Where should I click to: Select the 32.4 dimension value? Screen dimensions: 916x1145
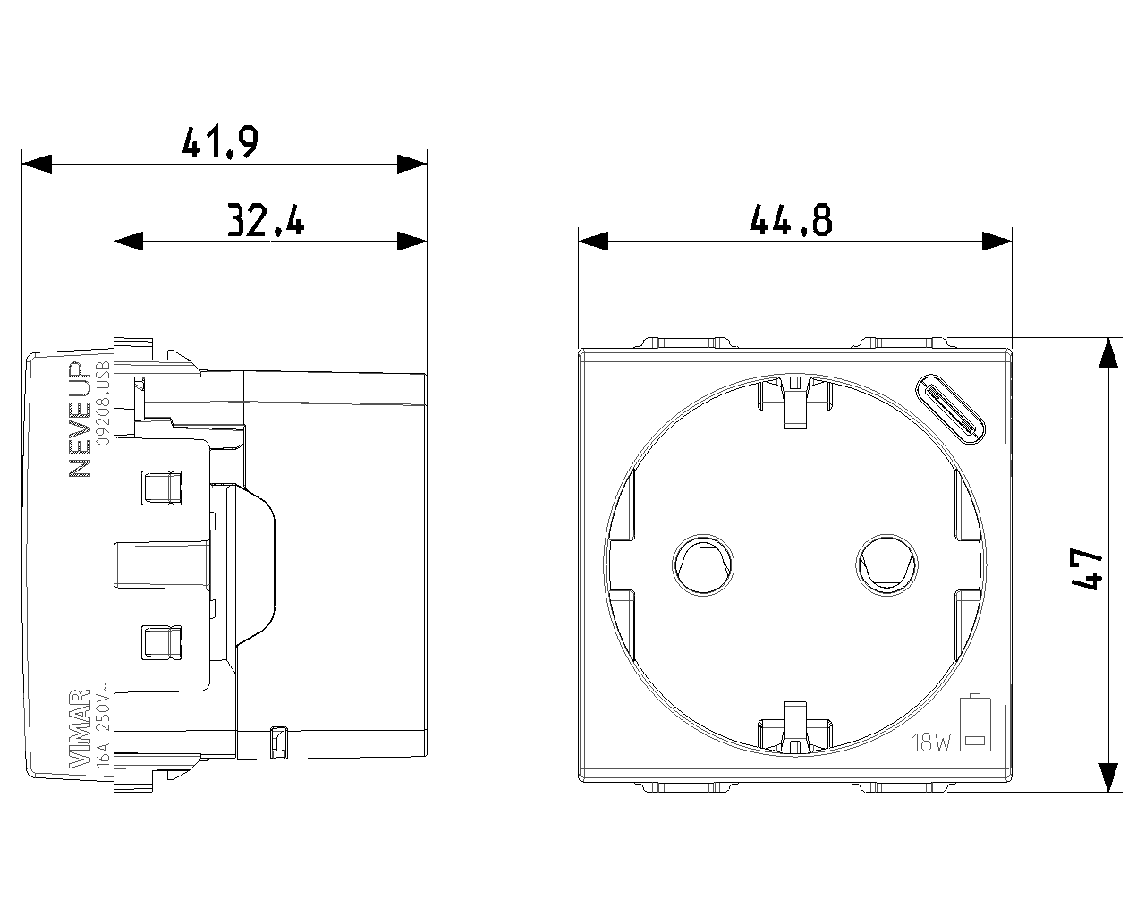[265, 219]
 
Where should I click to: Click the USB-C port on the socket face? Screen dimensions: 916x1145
[951, 410]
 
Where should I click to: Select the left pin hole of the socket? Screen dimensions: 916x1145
[704, 564]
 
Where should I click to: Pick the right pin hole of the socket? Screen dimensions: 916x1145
[886, 564]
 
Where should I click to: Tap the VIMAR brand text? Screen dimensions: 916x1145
[80, 728]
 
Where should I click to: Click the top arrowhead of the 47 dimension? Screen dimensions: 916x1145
[1108, 352]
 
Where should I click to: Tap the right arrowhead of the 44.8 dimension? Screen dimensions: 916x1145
[997, 241]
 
